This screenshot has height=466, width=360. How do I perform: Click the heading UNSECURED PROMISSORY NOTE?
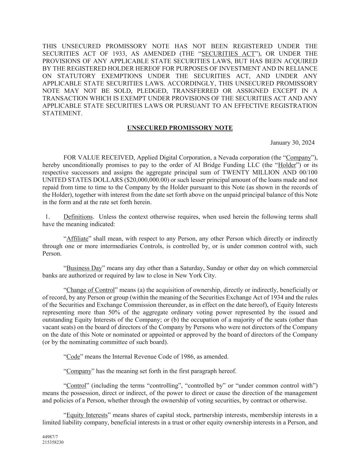(x=180, y=128)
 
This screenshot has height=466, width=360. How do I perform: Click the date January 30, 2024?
(x=292, y=143)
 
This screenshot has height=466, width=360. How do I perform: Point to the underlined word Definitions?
(x=78, y=217)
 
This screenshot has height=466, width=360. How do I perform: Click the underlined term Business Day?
(x=84, y=268)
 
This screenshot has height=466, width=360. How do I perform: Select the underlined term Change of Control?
(x=90, y=290)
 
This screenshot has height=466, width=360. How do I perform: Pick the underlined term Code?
(x=73, y=357)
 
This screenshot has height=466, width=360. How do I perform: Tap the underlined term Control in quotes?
(x=76, y=386)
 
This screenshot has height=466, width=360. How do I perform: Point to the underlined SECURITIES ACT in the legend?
(x=228, y=54)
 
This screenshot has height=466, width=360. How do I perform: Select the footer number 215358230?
(x=53, y=442)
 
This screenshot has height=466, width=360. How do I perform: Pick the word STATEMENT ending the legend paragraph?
(x=62, y=113)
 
